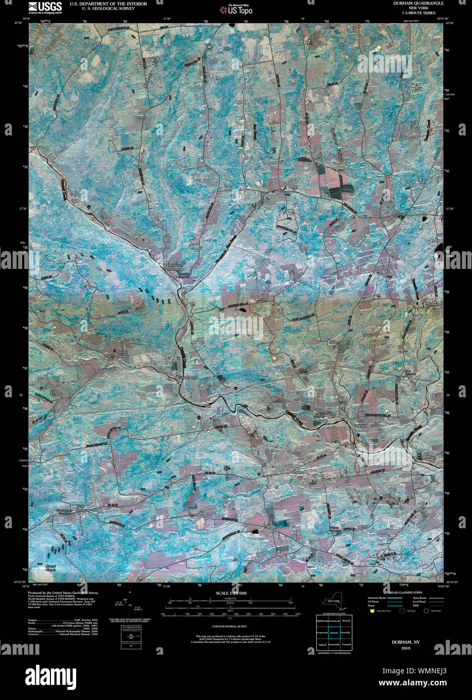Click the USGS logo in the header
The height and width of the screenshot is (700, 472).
point(45,7)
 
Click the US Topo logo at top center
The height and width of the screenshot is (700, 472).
point(236,9)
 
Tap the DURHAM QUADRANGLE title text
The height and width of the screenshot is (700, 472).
point(419,3)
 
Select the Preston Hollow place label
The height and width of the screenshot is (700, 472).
point(174,267)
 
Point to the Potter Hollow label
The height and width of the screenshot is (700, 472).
point(124,354)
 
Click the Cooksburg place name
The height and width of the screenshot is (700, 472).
point(187,377)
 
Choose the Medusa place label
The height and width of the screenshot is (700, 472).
point(433,304)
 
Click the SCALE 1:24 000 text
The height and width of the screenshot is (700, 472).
point(231,593)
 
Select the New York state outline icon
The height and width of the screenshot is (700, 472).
point(333,602)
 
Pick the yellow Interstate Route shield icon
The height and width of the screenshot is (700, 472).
point(372,610)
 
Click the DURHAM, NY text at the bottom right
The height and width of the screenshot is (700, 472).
point(406,642)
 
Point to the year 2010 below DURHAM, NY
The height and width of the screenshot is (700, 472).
point(406,648)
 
